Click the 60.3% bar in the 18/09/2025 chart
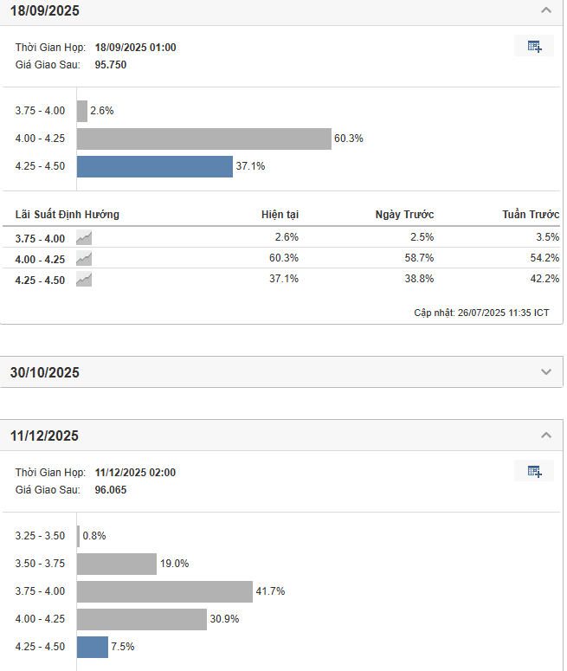pos(204,139)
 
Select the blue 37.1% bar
pos(155,166)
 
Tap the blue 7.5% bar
pos(93,647)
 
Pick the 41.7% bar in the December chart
pos(164,591)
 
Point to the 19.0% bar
pos(117,564)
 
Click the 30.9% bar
pos(142,619)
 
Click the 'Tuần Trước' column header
pos(531,215)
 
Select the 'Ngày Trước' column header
pos(404,215)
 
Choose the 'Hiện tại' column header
pos(280,215)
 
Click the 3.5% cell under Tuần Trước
pos(547,237)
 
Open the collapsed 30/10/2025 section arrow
pos(545,372)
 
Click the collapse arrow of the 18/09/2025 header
pos(545,11)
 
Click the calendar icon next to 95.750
pos(534,47)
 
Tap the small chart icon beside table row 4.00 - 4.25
pos(84,258)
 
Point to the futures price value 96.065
pos(111,489)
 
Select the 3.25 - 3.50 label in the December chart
pos(40,536)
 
